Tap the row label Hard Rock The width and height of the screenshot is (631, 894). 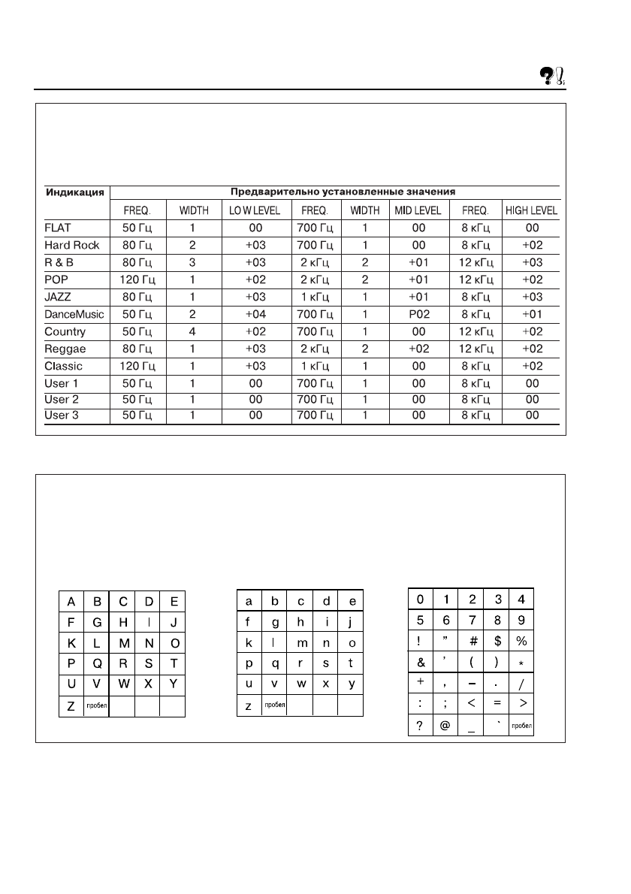71,246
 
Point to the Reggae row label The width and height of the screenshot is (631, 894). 65,349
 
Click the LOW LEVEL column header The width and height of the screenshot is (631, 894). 255,211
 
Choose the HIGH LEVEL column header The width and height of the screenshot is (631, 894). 532,211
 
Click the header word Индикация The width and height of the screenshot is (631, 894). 76,192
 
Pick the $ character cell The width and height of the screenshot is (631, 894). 497,642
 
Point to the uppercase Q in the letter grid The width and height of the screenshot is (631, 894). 97,663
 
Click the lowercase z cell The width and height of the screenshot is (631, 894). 249,706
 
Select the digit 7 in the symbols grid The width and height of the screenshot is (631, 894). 471,621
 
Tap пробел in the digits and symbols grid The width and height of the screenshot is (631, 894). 521,726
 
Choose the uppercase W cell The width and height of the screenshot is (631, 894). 122,684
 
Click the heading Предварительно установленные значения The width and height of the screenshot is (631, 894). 334,192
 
